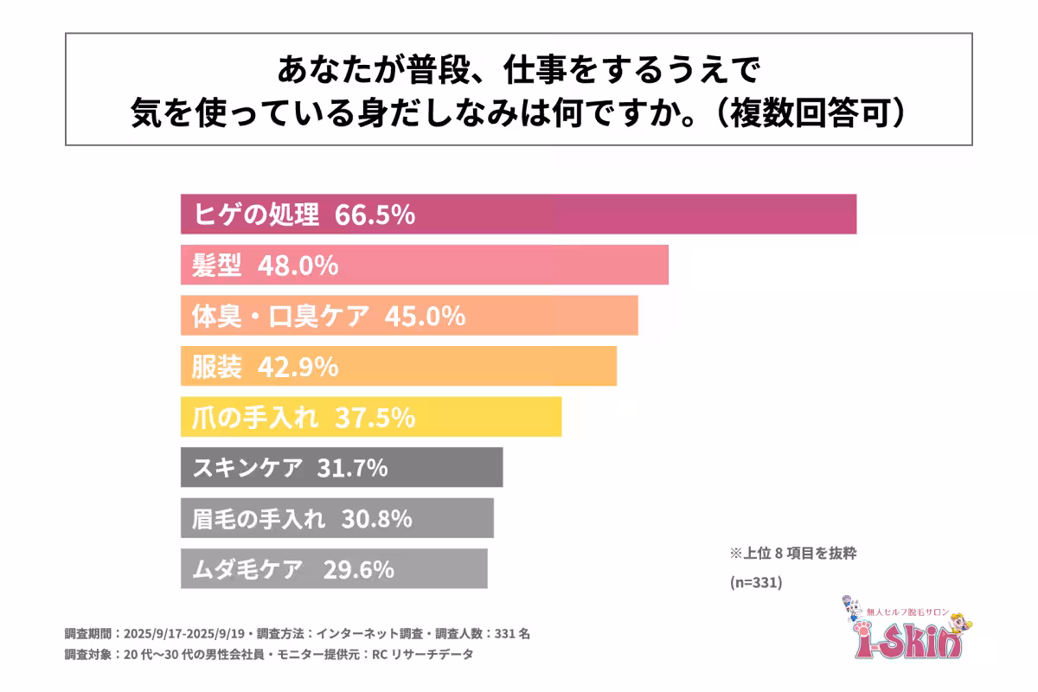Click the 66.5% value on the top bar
coord(375,215)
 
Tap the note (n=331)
coord(757,583)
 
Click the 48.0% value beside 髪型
coord(298,266)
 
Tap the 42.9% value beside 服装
coord(298,367)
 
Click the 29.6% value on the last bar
coord(359,569)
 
